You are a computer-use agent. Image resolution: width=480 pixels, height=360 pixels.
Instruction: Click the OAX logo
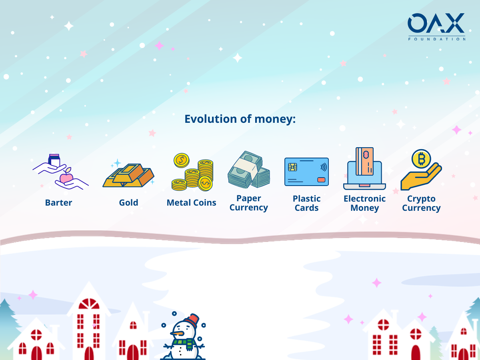click(x=436, y=27)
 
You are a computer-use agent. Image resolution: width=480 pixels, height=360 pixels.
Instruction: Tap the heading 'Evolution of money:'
click(x=240, y=119)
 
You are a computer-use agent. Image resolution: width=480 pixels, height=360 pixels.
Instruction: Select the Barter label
click(x=58, y=203)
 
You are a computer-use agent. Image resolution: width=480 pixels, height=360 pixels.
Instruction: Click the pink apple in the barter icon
click(x=66, y=178)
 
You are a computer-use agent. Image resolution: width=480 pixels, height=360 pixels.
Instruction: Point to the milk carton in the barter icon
click(x=54, y=161)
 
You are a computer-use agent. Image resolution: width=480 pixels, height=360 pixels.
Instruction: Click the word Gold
click(x=128, y=203)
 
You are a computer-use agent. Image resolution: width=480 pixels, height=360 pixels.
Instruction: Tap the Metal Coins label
click(x=191, y=203)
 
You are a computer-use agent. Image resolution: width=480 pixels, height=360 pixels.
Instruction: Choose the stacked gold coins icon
click(x=192, y=172)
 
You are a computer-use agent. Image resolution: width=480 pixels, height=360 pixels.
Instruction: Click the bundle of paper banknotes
click(x=249, y=170)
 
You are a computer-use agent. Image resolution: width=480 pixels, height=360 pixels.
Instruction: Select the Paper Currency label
click(x=249, y=203)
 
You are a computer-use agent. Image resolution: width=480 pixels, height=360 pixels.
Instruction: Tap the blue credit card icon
click(x=306, y=172)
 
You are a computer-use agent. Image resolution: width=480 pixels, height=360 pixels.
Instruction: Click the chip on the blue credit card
click(x=292, y=167)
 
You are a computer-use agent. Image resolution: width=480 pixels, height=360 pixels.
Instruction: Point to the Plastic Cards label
click(x=306, y=203)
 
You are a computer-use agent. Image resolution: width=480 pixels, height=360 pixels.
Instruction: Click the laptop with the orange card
click(x=364, y=168)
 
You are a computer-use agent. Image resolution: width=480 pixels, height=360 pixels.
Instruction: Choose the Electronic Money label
click(x=364, y=203)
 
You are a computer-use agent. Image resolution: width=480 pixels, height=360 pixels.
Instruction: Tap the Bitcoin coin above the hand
click(x=421, y=159)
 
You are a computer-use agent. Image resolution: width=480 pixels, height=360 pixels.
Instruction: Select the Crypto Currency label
click(x=421, y=203)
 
